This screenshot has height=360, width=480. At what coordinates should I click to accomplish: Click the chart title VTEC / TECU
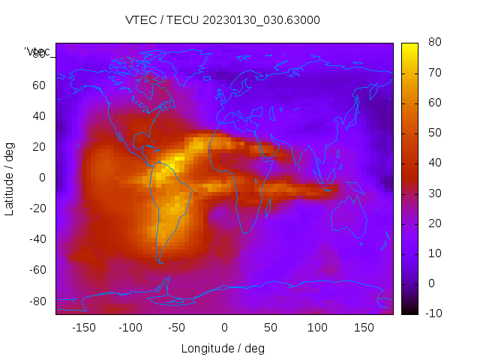pos(223,20)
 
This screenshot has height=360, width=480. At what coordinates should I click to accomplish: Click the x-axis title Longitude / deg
pos(223,349)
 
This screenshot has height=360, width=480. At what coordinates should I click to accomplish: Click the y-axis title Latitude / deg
pos(10,178)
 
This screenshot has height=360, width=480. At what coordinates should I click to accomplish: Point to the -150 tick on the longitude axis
pos(84,328)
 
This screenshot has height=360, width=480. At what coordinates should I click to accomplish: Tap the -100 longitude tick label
pos(130,328)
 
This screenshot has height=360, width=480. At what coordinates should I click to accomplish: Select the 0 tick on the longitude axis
pos(224,328)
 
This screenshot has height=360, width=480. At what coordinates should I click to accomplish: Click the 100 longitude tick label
pos(317,328)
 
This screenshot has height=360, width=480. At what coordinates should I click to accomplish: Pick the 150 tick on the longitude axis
pos(364,328)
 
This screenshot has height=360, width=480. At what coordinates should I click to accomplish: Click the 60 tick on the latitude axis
pos(38,85)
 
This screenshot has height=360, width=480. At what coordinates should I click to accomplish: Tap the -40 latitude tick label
pos(36,239)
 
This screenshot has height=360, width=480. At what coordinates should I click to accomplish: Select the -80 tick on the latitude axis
pos(36,301)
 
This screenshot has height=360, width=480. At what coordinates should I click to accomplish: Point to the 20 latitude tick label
pos(38,147)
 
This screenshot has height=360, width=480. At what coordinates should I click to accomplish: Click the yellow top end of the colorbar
pos(409,46)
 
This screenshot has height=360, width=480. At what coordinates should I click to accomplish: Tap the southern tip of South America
pos(160,261)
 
